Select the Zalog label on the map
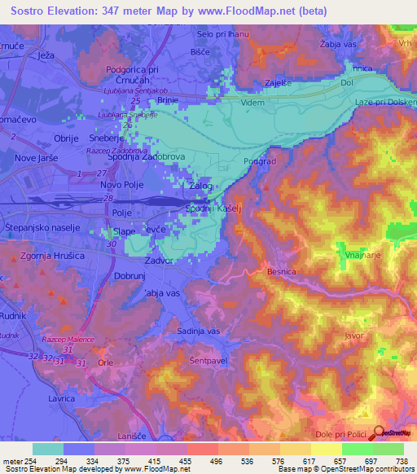[201, 187]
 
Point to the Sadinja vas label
[199, 331]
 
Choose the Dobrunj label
[130, 276]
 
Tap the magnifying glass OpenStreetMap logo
[378, 433]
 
